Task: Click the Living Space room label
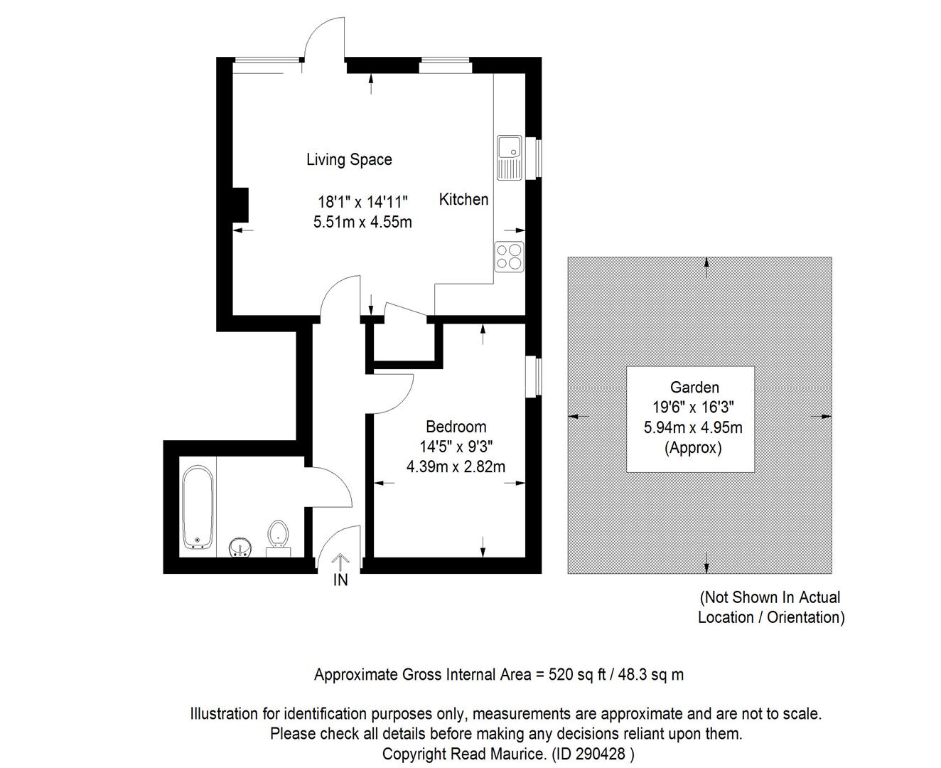(349, 159)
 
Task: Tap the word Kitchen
(463, 199)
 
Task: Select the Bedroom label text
(456, 427)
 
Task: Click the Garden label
(694, 387)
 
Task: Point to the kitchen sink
(509, 158)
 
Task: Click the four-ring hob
(509, 257)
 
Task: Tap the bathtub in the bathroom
(198, 507)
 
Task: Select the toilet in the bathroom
(278, 538)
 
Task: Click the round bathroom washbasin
(241, 548)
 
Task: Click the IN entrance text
(340, 580)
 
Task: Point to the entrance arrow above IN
(340, 562)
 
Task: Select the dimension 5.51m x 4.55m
(362, 222)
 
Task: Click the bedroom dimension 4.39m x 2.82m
(456, 466)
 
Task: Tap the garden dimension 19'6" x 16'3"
(694, 407)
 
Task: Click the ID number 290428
(599, 754)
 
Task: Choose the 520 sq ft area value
(576, 674)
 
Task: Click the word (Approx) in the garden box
(693, 447)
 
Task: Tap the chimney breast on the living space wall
(240, 205)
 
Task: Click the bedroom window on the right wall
(534, 376)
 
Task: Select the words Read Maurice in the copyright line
(498, 754)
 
